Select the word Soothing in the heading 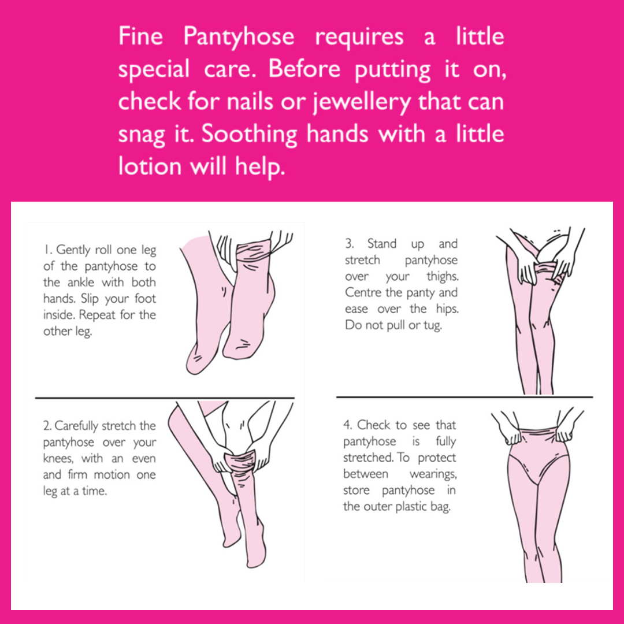point(249,135)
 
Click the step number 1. point(48,250)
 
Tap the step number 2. point(47,426)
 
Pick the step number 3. point(350,243)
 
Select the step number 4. point(348,425)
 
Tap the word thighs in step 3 point(443,277)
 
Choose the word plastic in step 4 point(408,507)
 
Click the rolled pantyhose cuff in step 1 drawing point(253,251)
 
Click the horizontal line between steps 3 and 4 point(465,397)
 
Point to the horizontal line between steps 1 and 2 point(165,398)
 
